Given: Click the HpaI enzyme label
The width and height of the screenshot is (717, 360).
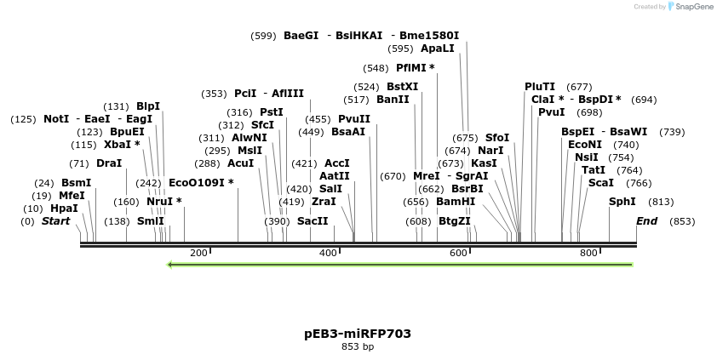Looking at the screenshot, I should tap(64, 209).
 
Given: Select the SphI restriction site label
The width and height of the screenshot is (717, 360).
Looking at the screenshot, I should tap(622, 202).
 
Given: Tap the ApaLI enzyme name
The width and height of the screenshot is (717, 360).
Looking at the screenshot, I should tap(438, 49).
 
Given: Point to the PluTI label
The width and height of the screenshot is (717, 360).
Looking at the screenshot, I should tap(540, 87).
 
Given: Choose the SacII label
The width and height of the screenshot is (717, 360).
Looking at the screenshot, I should tap(313, 221).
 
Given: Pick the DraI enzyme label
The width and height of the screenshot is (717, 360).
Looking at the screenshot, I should tap(109, 163).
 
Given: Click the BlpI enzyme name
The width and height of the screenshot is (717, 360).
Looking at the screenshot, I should tap(148, 106).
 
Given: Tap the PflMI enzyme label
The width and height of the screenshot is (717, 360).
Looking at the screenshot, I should tap(415, 68).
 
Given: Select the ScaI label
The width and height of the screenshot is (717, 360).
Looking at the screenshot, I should tap(600, 182).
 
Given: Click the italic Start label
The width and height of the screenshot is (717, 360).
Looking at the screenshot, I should tap(56, 221).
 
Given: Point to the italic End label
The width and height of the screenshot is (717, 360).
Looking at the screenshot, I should tap(647, 221).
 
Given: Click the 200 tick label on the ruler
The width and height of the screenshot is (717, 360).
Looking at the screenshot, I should tap(198, 254).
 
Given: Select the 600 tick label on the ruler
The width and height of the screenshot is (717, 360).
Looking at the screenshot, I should tap(459, 254).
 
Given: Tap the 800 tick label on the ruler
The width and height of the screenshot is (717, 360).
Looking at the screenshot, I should tap(588, 254).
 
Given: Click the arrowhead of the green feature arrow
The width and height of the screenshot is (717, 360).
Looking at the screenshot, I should tap(170, 265).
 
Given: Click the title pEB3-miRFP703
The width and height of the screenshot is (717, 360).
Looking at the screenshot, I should tap(358, 334).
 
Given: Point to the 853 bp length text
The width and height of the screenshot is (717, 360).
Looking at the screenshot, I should tap(358, 347).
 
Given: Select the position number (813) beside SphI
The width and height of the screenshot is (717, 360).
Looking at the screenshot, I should tap(661, 202).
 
